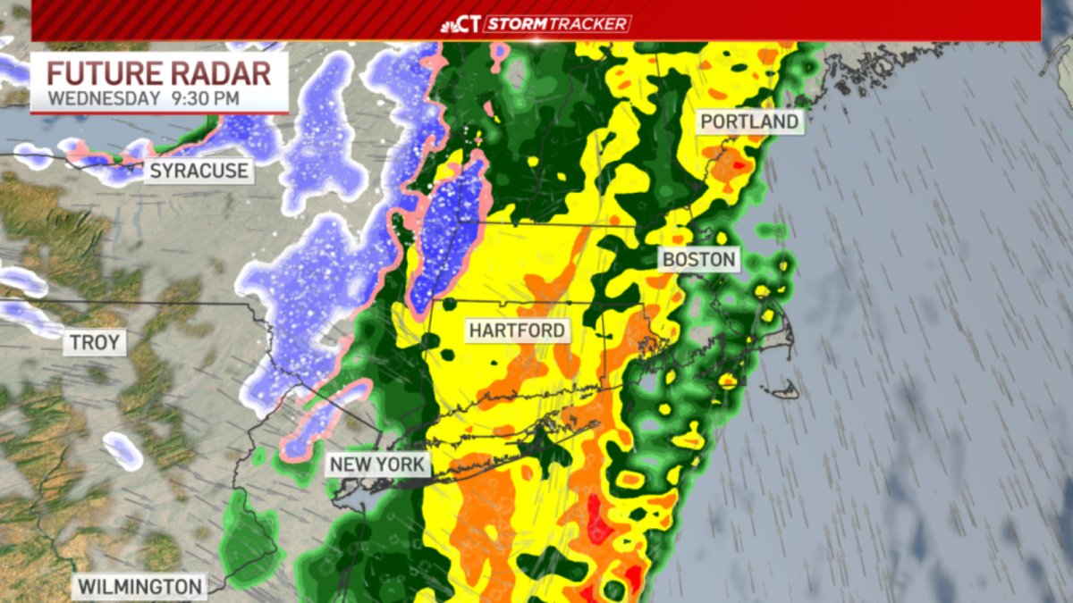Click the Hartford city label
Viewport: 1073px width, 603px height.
tap(518, 331)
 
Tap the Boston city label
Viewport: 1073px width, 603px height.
tap(699, 260)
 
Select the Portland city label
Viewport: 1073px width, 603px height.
tap(749, 121)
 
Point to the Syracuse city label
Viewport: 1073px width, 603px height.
tap(199, 171)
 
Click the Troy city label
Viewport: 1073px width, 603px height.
tap(95, 342)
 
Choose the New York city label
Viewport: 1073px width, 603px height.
tap(378, 465)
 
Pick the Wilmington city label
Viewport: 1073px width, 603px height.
tap(139, 587)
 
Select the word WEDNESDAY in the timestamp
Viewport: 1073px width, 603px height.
tap(104, 98)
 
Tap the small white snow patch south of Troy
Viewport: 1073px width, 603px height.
tap(123, 450)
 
